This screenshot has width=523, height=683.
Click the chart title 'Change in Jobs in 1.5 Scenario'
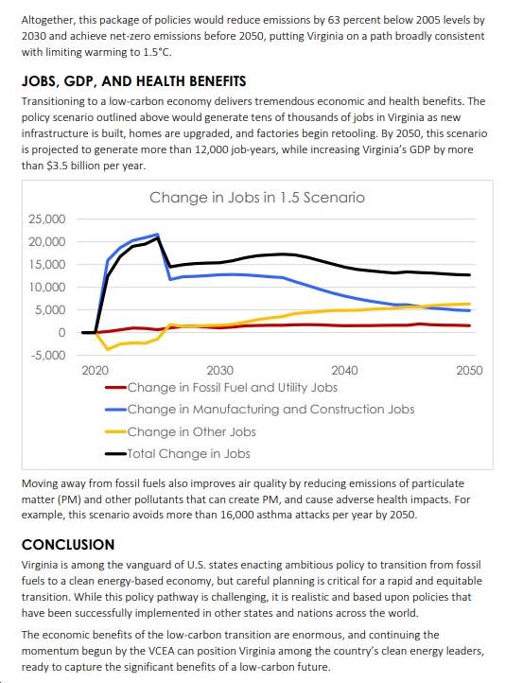tap(257, 198)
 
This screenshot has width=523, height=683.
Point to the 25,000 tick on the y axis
tap(47, 219)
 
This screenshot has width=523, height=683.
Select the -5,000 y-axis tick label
tap(48, 356)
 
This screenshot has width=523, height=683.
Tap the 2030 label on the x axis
tap(220, 370)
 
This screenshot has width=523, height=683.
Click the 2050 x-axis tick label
tap(469, 370)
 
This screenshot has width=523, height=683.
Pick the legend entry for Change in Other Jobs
tap(181, 431)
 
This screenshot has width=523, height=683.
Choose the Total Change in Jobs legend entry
tap(178, 453)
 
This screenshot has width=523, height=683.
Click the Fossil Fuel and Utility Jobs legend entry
tap(221, 387)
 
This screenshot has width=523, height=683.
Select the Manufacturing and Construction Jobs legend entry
tap(259, 409)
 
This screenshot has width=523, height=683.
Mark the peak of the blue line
tap(157, 235)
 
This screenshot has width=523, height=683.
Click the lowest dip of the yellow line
tap(108, 349)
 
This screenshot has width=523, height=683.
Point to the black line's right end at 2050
tap(469, 275)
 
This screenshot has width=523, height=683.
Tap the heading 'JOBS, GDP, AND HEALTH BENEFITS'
tap(133, 81)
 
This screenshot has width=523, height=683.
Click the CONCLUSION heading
tap(68, 545)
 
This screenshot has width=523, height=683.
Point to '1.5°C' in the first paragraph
tap(157, 52)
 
